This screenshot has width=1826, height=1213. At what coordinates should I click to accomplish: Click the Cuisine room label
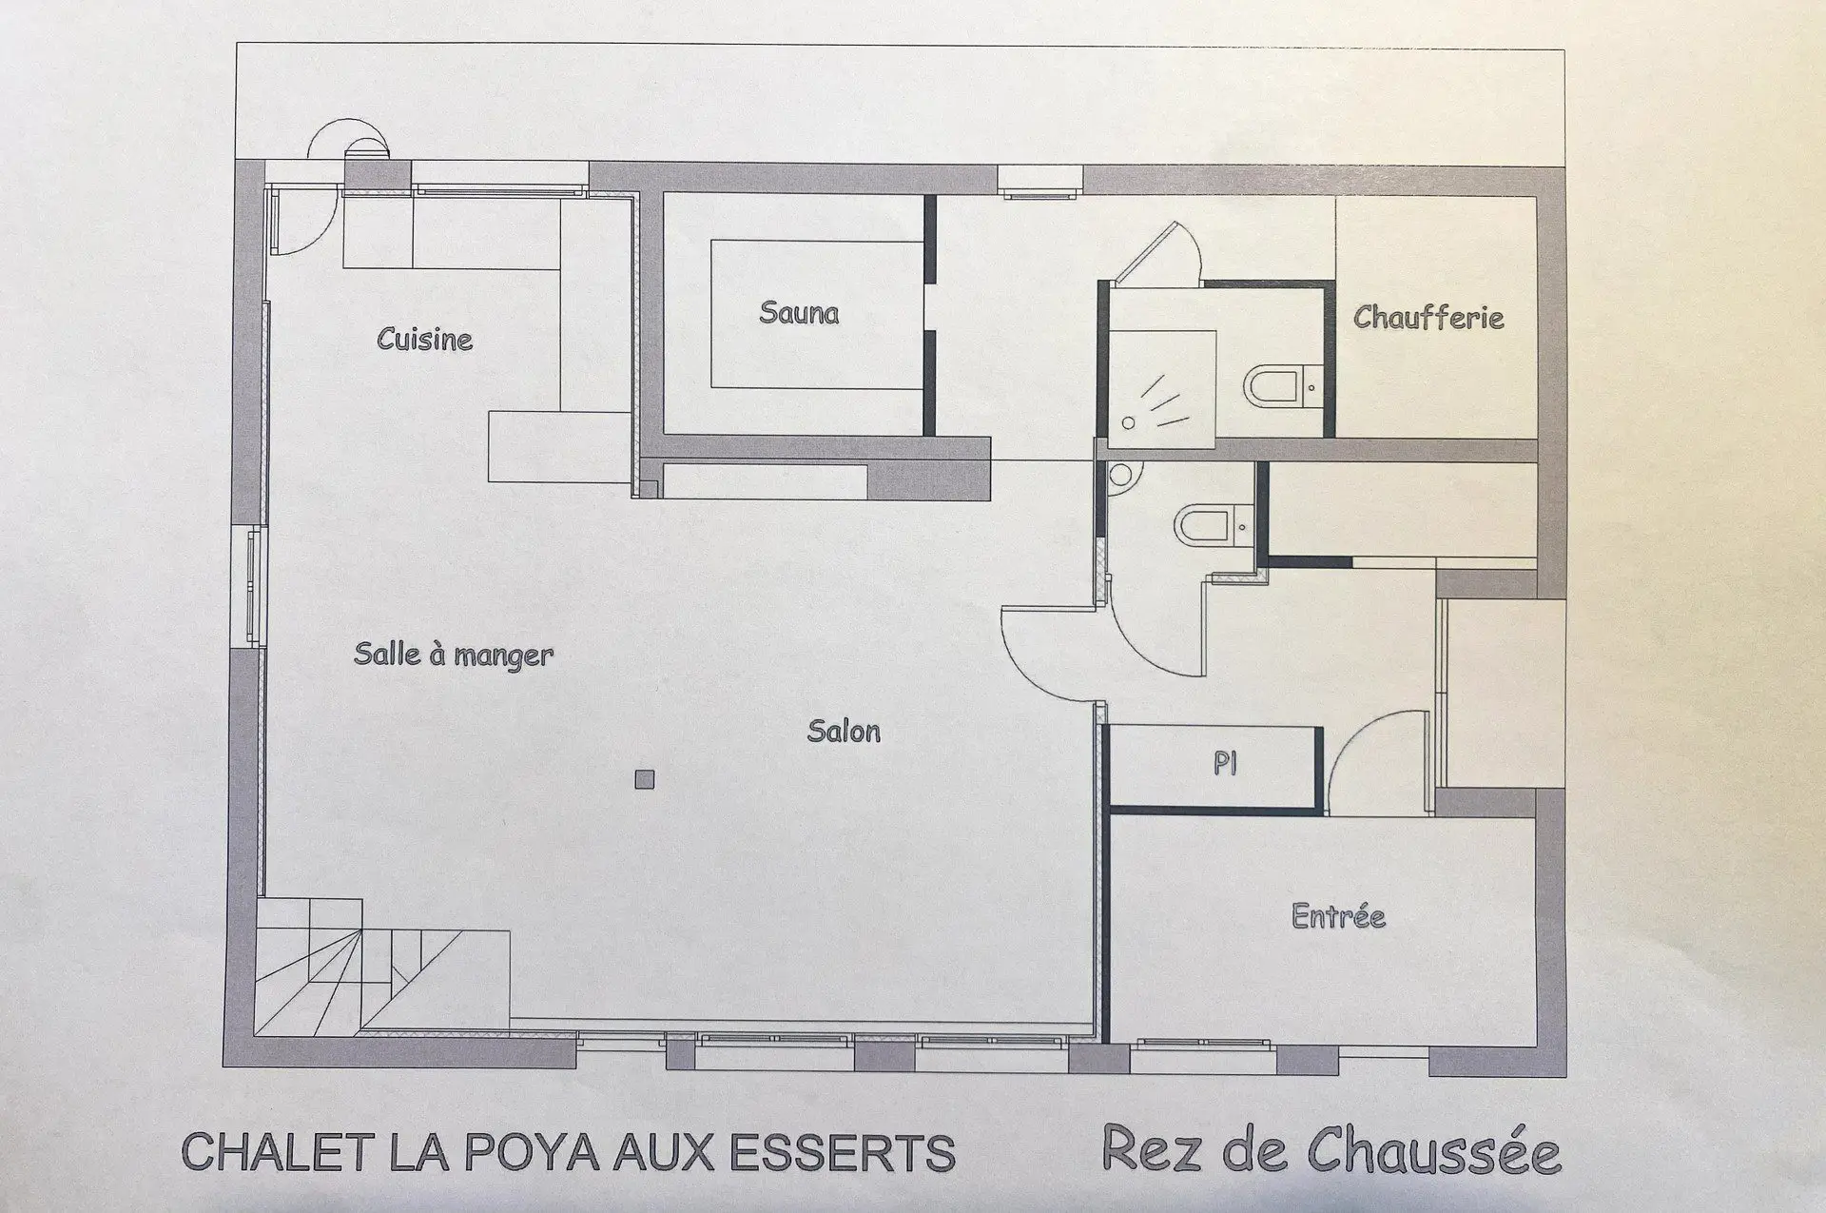coord(424,339)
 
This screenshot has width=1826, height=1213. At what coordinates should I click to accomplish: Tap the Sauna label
coord(799,312)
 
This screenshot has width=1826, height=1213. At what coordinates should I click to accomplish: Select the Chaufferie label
coord(1428,317)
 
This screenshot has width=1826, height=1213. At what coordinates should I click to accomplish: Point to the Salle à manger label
coord(454,655)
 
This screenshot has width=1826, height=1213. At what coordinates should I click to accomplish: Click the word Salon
coord(844,731)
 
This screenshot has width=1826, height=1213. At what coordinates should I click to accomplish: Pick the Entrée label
coord(1338,915)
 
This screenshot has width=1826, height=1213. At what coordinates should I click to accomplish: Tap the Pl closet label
coord(1225,763)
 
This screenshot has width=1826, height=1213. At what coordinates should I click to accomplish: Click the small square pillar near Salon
coord(645,780)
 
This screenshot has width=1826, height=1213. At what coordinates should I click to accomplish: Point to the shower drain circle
coord(1128,422)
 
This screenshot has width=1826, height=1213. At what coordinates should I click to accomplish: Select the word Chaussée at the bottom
coord(1434,1151)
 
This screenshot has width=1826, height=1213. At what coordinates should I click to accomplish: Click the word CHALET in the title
coord(276,1152)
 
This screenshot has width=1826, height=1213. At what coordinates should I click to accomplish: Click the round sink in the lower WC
coord(1122,475)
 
